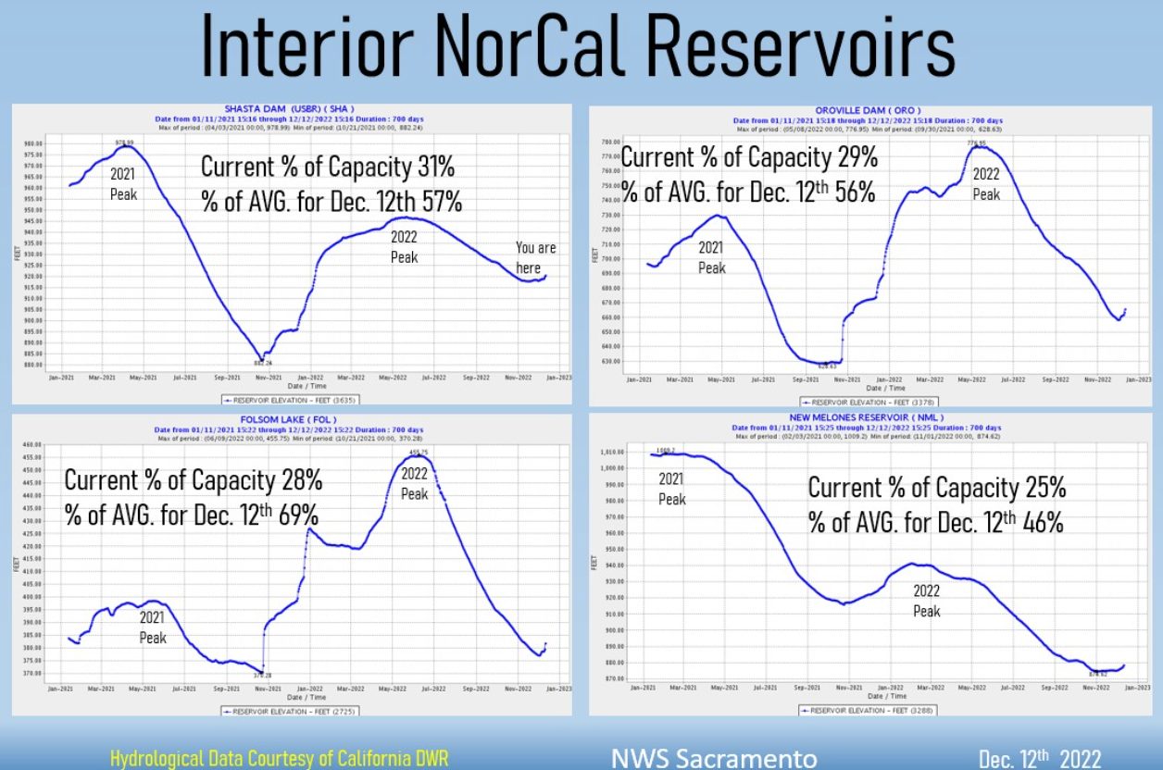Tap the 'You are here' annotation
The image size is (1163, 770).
pyautogui.click(x=535, y=257)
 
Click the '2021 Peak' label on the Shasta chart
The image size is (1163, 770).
pyautogui.click(x=123, y=182)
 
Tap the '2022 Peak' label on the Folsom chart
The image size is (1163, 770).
pyautogui.click(x=414, y=483)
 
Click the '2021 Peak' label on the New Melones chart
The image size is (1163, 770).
pyautogui.click(x=671, y=489)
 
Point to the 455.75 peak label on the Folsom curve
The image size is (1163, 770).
pyautogui.click(x=419, y=452)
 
